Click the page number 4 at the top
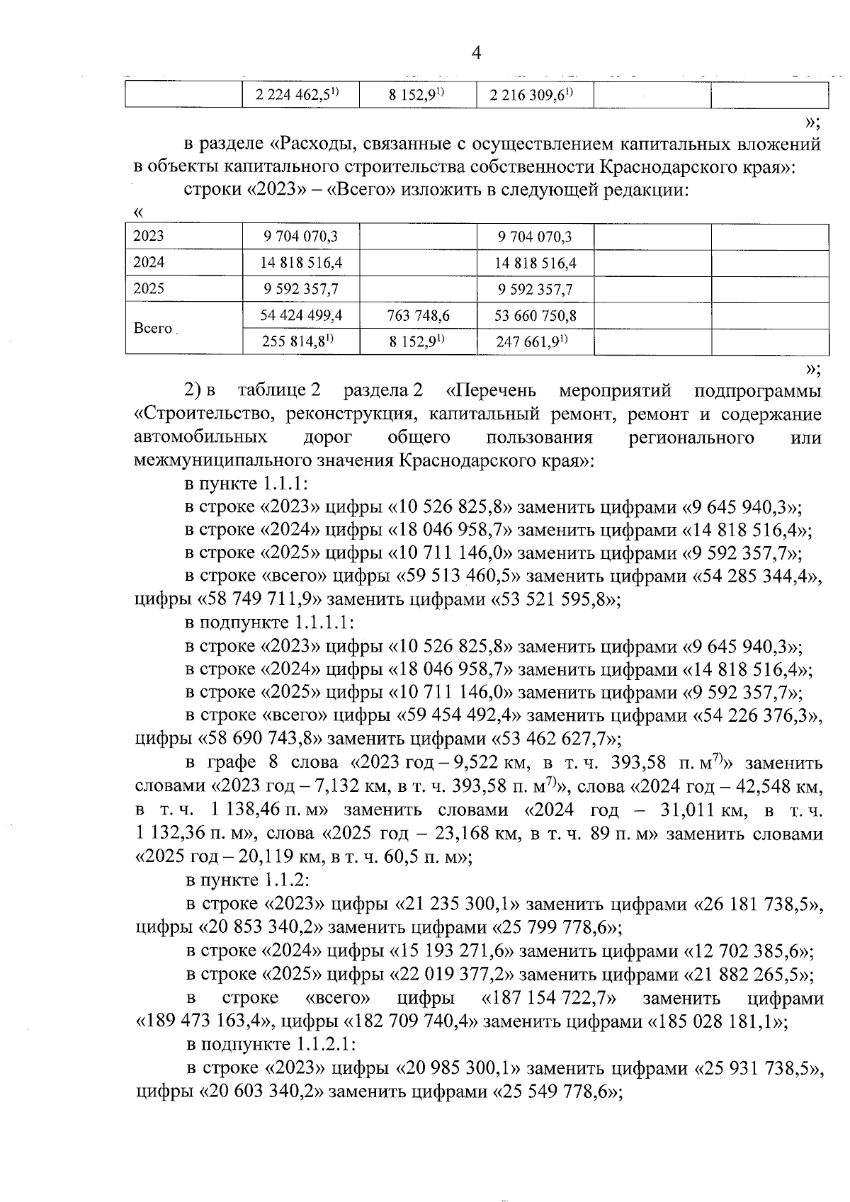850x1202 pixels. (x=476, y=53)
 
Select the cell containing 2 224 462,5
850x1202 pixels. (x=300, y=95)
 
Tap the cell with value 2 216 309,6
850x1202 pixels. (x=533, y=95)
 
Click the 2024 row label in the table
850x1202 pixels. (x=149, y=263)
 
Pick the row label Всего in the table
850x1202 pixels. (x=152, y=328)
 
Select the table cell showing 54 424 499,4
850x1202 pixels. (x=301, y=315)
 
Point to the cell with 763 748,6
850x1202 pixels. (x=418, y=315)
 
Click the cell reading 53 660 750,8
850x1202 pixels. (x=535, y=315)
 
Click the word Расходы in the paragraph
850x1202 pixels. (x=323, y=145)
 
